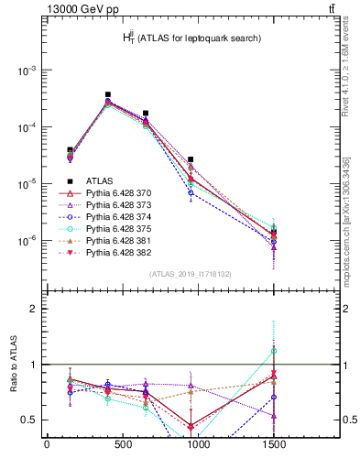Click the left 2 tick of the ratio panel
click(x=31, y=309)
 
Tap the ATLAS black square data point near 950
click(x=191, y=159)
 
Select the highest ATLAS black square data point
click(x=108, y=94)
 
